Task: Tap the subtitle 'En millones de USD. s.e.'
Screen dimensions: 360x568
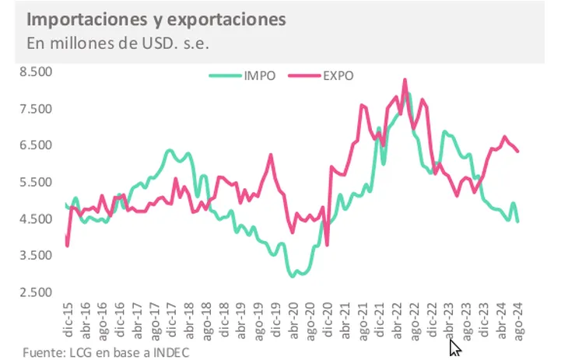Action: (117, 42)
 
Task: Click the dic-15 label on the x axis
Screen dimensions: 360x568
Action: (68, 320)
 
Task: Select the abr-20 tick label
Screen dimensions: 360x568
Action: (293, 320)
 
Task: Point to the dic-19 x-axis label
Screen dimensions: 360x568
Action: (276, 320)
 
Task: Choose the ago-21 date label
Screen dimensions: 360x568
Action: (363, 320)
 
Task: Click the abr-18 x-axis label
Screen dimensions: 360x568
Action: (189, 320)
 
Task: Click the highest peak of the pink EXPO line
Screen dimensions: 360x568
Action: (405, 79)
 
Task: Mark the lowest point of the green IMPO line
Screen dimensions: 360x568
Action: (293, 275)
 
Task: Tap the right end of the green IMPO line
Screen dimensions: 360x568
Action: (517, 221)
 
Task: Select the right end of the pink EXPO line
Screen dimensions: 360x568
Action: (518, 151)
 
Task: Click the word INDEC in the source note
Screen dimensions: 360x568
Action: (169, 352)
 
